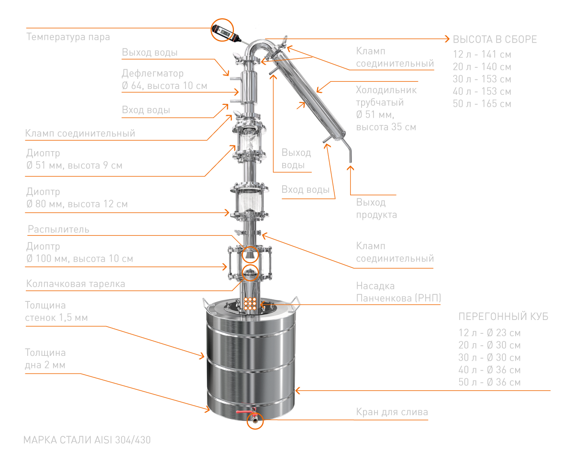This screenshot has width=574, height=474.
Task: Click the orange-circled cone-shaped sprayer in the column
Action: pos(251,255)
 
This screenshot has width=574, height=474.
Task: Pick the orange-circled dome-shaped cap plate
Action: pos(251,273)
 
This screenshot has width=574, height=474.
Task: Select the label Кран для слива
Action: pos(392,412)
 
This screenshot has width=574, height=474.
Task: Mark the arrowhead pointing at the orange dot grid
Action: pos(263,305)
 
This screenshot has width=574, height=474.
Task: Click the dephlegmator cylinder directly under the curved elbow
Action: pos(249,84)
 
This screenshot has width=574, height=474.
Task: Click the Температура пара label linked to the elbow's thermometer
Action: pos(68,37)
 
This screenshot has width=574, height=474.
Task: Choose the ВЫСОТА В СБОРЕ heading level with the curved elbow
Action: pos(495,39)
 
